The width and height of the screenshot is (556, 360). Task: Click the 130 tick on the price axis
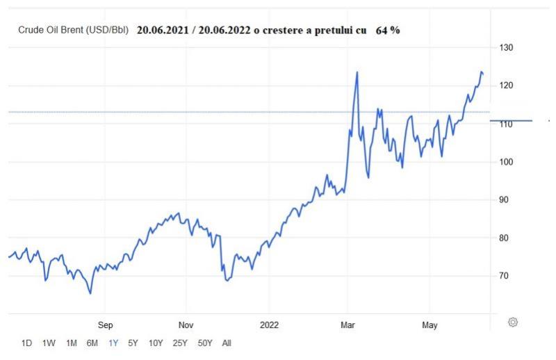coord(505,47)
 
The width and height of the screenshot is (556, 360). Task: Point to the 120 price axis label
coord(505,85)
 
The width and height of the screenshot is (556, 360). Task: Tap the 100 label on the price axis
coord(505,162)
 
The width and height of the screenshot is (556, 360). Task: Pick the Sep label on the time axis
coord(105,324)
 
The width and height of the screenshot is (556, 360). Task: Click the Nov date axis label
coord(186,324)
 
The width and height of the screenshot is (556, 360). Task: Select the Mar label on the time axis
coord(348,324)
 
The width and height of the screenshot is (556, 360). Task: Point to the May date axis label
coord(429,324)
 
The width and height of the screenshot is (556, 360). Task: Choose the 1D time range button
coord(26,343)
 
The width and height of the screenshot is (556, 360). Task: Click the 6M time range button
coord(92,343)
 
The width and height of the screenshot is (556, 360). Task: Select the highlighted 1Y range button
coord(113,343)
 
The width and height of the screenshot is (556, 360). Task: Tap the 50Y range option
coord(204,343)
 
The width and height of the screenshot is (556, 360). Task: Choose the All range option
coord(227,343)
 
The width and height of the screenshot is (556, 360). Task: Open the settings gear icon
coord(513,322)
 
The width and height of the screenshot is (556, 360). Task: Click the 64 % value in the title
coord(388,31)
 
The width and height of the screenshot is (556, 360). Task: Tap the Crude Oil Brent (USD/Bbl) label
coord(73,31)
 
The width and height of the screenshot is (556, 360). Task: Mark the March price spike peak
coord(357,72)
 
